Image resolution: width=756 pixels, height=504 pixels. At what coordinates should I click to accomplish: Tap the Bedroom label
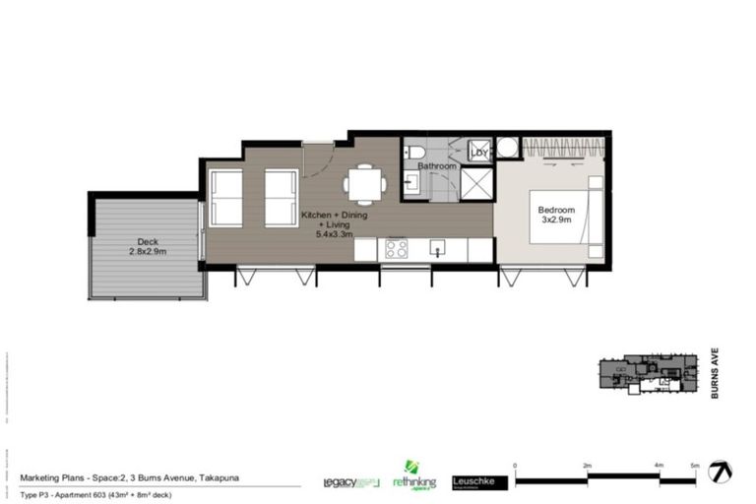point(556,210)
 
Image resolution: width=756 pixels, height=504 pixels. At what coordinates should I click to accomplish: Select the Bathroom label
point(437,166)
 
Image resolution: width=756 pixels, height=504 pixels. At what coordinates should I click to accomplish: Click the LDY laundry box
point(480,152)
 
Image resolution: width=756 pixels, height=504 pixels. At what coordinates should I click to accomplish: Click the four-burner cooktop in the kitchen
point(397,248)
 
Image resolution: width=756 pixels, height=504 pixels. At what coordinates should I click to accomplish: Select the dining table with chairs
point(364,184)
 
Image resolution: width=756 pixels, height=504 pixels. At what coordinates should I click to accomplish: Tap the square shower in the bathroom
point(477,184)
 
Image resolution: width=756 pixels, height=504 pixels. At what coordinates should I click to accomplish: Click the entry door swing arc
point(317,160)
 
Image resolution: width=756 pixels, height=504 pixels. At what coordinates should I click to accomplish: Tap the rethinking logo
point(412,478)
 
